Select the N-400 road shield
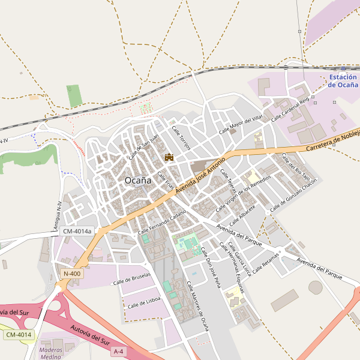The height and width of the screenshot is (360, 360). (71, 274)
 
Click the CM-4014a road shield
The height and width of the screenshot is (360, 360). (77, 231)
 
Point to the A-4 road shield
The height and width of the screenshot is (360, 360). (119, 351)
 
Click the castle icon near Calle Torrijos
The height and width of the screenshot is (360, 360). (169, 157)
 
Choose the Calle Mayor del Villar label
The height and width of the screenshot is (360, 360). (241, 123)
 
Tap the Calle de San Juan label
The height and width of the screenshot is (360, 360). (143, 147)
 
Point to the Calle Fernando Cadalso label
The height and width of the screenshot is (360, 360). (162, 223)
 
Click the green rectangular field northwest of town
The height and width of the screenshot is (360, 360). (74, 96)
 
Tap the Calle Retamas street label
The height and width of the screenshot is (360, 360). (266, 262)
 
